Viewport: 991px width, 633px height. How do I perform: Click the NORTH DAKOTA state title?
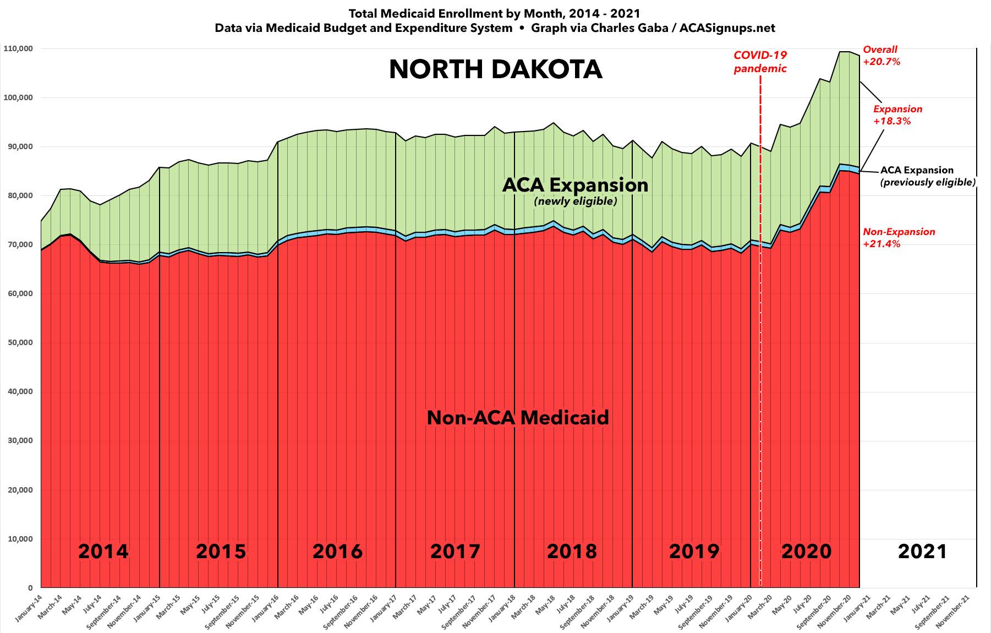point(495,70)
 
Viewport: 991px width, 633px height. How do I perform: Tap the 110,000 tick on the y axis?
point(18,48)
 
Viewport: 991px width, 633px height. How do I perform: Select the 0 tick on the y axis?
point(30,587)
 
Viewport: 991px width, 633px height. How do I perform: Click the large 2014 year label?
point(103,551)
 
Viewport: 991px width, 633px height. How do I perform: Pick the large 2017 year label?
point(455,551)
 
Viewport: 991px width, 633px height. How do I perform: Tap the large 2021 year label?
point(922,551)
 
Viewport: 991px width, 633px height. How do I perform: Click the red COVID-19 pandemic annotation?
point(760,62)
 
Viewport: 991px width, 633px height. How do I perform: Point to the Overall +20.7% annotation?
point(881,56)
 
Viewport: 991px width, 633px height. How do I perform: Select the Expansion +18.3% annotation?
point(897,115)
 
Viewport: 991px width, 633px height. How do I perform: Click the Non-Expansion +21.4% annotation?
point(899,238)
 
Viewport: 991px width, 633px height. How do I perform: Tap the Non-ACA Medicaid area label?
point(518,418)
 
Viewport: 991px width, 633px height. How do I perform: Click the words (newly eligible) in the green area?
point(575,202)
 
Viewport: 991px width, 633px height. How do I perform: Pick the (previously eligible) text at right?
point(927,182)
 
